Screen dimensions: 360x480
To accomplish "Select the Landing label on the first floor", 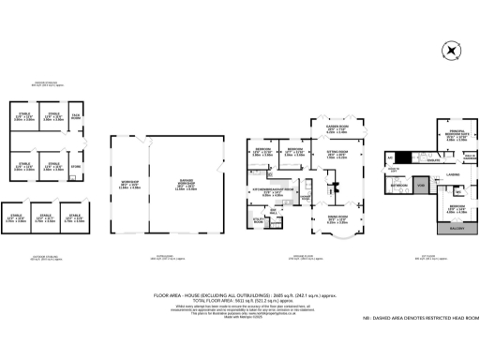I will [x=452, y=173].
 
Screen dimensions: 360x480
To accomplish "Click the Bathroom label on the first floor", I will [x=397, y=187].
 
